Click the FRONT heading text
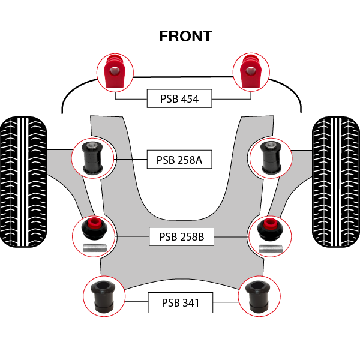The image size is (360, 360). pyautogui.click(x=185, y=36)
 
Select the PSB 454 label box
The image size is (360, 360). pyautogui.click(x=179, y=98)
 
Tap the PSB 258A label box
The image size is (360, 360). pyautogui.click(x=180, y=160)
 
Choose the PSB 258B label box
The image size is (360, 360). pyautogui.click(x=181, y=237)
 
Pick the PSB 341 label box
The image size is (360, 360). pyautogui.click(x=180, y=303)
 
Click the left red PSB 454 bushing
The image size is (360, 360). pyautogui.click(x=114, y=71)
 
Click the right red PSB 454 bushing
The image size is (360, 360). pyautogui.click(x=249, y=71)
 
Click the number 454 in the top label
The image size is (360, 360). pyautogui.click(x=188, y=98)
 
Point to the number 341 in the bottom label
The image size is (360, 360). pyautogui.click(x=189, y=303)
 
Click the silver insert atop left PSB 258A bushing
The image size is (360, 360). pyautogui.click(x=93, y=145)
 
